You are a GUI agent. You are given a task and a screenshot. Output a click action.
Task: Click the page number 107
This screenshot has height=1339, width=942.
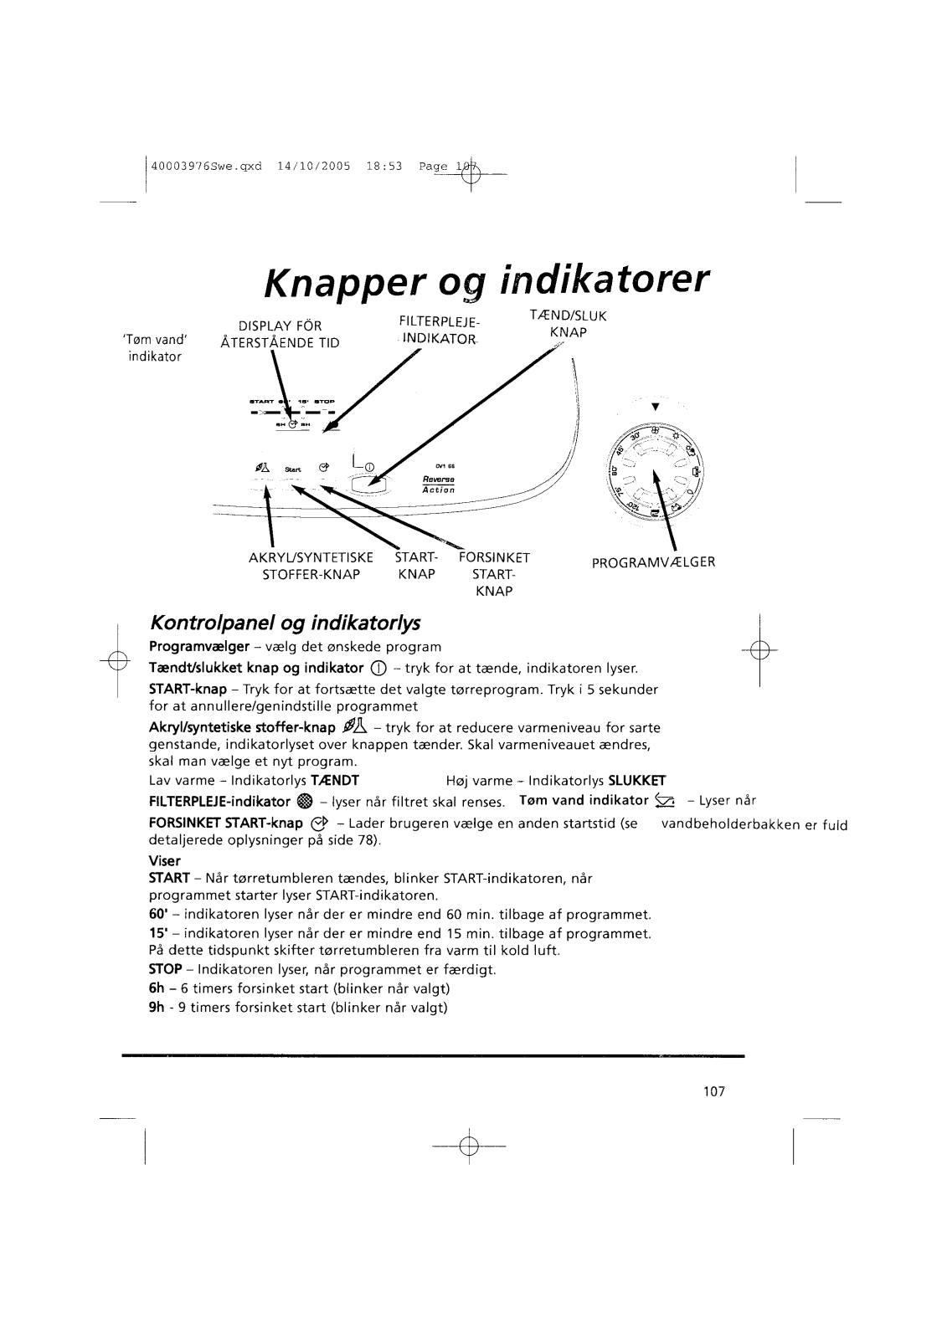pos(713,1091)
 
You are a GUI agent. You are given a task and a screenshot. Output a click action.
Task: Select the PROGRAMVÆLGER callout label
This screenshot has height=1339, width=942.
pos(653,562)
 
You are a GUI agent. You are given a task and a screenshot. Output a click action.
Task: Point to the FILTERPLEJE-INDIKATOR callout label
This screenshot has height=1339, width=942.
pos(440,330)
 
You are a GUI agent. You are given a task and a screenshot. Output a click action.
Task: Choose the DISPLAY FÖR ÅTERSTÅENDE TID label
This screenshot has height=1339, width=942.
pos(280,334)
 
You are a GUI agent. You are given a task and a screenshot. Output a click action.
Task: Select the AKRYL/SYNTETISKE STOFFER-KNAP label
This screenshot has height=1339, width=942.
pos(311,566)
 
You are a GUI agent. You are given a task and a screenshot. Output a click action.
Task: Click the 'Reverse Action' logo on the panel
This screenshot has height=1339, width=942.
pos(438,485)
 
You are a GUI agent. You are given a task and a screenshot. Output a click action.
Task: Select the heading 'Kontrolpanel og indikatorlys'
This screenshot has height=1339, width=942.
pos(284,623)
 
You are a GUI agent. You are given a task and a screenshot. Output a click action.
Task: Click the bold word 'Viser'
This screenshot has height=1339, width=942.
pos(164,860)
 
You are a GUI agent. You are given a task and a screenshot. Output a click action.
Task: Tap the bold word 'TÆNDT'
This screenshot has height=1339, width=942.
pos(335,780)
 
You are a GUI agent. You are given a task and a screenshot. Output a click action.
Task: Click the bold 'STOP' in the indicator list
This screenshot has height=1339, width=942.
pos(165,969)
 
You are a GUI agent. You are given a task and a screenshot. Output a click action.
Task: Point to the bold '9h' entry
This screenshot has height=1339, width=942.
pos(155,1007)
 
